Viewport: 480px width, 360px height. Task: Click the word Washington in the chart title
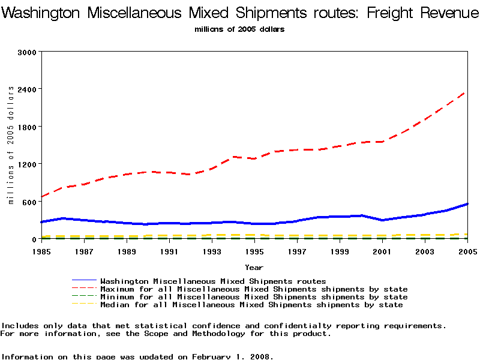[x=42, y=13]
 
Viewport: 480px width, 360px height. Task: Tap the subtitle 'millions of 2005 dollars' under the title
[x=239, y=29]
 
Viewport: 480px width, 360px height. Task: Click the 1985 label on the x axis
[x=41, y=251]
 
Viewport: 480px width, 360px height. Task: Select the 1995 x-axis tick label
[x=254, y=251]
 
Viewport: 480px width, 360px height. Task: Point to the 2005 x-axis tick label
[x=467, y=251]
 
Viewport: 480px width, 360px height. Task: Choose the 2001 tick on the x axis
[x=382, y=251]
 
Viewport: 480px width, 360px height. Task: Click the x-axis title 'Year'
[x=253, y=267]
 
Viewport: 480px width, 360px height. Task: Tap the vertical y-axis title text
[x=11, y=145]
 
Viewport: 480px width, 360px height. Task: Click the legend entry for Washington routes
[x=213, y=281]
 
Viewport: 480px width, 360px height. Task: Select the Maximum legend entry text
[x=254, y=289]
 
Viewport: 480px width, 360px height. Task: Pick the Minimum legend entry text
[x=254, y=297]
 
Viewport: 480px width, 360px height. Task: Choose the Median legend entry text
[x=251, y=305]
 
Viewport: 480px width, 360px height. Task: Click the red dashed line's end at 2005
[x=466, y=92]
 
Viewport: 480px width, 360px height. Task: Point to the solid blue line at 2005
[x=467, y=204]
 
